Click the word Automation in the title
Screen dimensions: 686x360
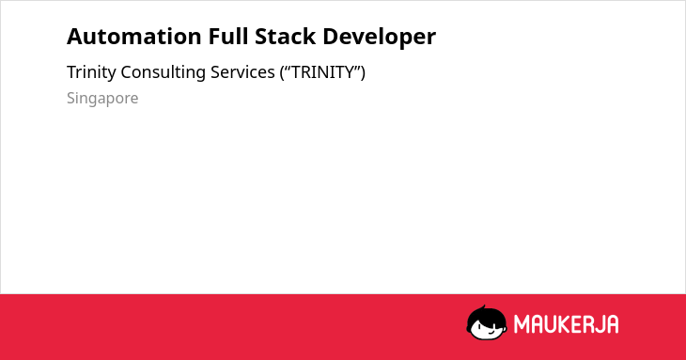(x=133, y=37)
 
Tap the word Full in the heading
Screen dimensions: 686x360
(x=227, y=36)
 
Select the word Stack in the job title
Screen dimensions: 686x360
(x=285, y=36)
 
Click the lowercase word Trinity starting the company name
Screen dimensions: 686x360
(x=91, y=72)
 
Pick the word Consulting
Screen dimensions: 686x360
(x=164, y=72)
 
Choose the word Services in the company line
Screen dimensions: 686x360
(x=242, y=72)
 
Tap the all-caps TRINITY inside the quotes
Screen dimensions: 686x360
(x=322, y=72)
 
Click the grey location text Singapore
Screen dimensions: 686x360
(x=102, y=99)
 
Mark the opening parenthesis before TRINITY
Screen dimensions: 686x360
(x=283, y=72)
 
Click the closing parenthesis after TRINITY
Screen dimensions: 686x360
(x=363, y=72)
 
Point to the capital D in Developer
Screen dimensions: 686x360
(x=330, y=37)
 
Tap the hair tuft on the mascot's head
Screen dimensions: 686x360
(x=483, y=308)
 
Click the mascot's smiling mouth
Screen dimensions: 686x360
(x=492, y=332)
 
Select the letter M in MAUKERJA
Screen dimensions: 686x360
(x=521, y=324)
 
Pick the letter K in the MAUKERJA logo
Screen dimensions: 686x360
(x=565, y=324)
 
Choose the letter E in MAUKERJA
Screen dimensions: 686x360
(x=576, y=324)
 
